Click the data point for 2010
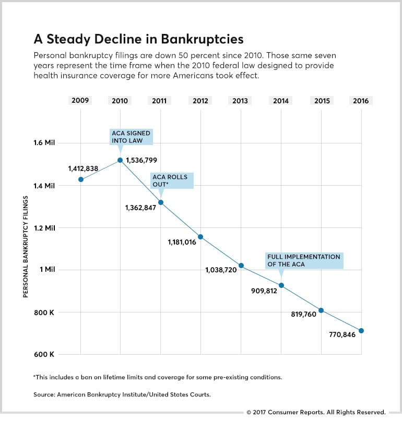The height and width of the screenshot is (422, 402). [120, 160]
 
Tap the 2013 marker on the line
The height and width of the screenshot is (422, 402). [241, 266]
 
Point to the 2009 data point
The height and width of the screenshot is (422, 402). [80, 179]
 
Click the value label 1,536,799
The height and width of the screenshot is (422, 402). [141, 160]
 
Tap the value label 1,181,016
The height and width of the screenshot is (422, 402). [182, 242]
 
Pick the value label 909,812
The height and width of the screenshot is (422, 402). [264, 291]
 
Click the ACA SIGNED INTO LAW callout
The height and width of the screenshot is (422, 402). [131, 137]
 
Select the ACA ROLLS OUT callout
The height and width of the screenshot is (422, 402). [172, 180]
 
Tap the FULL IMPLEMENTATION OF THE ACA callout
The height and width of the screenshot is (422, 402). [304, 260]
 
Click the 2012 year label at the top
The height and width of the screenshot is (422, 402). [200, 101]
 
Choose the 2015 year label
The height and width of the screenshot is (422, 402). [322, 101]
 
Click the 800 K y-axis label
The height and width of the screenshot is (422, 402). [44, 312]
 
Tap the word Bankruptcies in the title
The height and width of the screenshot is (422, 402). [197, 39]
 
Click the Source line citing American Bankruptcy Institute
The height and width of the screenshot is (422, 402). [122, 395]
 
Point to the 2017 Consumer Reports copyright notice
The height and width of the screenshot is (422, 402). [316, 412]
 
